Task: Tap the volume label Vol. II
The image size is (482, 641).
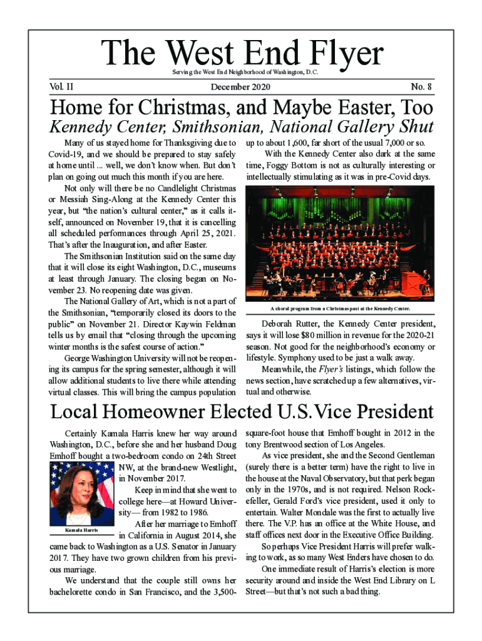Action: [x=63, y=86]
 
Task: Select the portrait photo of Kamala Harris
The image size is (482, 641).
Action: [x=81, y=495]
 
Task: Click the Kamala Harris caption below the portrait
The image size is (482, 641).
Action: [x=81, y=531]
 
